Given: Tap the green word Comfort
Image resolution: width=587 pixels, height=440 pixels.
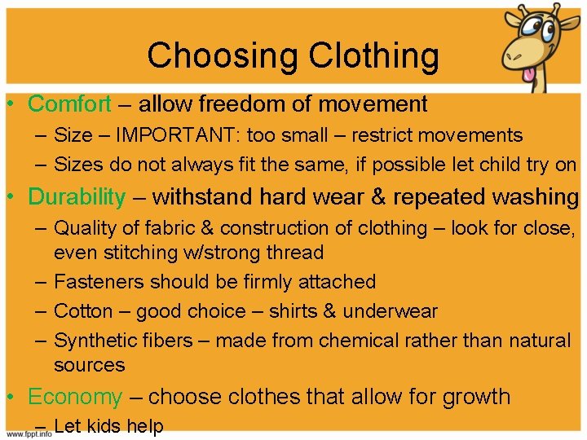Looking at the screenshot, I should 69,103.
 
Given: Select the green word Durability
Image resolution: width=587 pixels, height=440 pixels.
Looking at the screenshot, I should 77,196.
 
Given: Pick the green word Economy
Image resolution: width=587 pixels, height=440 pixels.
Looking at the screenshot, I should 74,397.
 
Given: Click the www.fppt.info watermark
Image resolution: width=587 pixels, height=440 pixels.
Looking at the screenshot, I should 26,433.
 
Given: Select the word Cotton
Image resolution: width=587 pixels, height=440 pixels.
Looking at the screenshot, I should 84,311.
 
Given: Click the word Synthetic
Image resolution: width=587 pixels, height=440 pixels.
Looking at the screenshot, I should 92,340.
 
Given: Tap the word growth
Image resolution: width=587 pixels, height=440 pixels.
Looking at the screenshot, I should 476,397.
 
